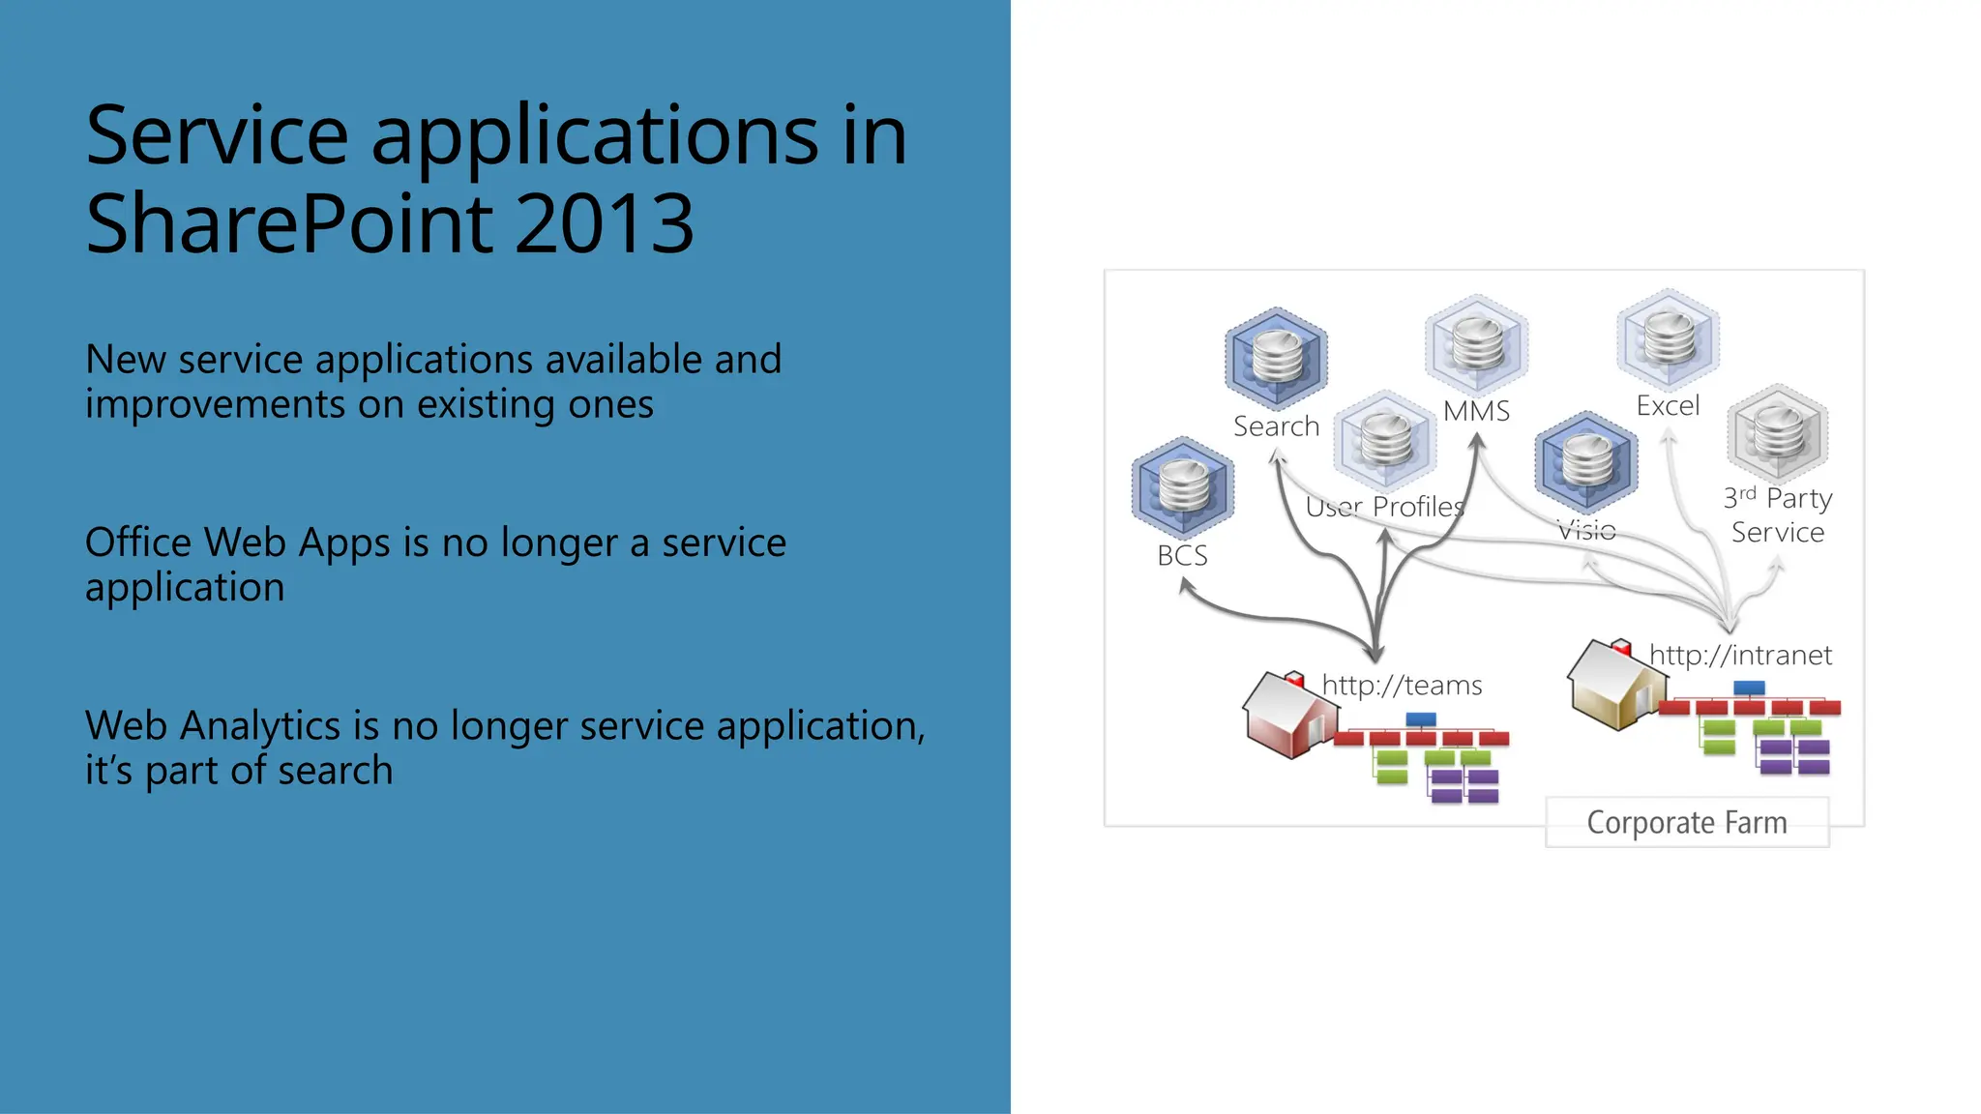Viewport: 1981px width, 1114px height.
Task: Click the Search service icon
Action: [1276, 358]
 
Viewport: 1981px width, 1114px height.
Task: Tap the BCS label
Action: [1182, 556]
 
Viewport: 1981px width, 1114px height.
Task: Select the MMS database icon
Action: [1476, 344]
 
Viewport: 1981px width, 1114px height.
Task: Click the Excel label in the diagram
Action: [1668, 406]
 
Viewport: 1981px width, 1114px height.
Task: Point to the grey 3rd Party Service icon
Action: [1778, 433]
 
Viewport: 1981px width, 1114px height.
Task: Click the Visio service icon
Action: [1586, 461]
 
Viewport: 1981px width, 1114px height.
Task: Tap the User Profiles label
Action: [1384, 507]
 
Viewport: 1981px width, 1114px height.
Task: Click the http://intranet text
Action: [1739, 656]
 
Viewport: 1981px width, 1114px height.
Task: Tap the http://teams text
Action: [1401, 686]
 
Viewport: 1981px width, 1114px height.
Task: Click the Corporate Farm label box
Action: [1687, 823]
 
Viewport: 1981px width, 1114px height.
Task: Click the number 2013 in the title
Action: [604, 224]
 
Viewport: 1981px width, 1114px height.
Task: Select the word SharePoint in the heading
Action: [290, 224]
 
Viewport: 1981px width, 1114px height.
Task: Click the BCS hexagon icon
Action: [1182, 487]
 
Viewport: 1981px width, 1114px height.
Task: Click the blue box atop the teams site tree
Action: [1420, 719]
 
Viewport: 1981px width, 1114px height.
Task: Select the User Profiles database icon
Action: [1385, 440]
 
